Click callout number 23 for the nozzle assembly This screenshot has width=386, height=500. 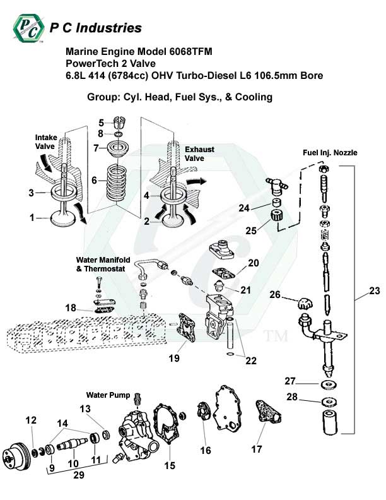tap(375, 291)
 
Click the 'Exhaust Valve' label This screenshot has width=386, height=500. tap(199, 154)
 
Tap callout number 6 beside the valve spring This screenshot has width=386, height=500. tap(94, 180)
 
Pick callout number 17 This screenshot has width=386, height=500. tap(256, 450)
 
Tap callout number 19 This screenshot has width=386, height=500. tap(173, 358)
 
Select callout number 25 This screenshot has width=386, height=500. tap(251, 231)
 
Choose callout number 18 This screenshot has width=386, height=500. tap(71, 307)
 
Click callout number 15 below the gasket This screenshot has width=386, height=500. tap(169, 466)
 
